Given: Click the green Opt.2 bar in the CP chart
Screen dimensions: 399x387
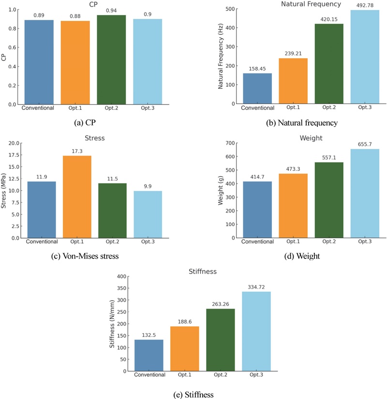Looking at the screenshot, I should point(111,60).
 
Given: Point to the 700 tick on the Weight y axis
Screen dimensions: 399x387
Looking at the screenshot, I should point(229,143).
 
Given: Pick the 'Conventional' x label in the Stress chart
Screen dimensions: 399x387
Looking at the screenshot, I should point(42,242).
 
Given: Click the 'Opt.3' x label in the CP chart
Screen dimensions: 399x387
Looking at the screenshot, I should point(148,108).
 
